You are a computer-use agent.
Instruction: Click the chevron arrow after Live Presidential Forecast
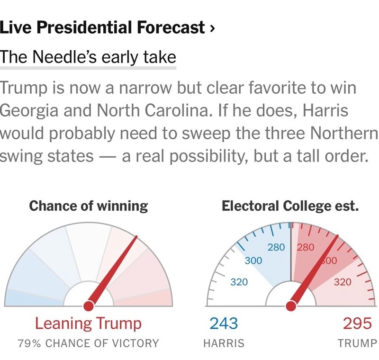212,29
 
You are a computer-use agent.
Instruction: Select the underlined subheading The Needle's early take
88,58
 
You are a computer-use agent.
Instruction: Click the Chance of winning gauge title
89,206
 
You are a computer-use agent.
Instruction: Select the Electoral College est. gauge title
290,206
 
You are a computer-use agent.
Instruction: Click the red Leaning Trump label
89,324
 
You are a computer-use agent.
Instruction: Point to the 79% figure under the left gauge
29,343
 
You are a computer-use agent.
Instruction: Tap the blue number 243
224,324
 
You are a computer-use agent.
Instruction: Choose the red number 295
357,324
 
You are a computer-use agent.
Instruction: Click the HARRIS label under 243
224,343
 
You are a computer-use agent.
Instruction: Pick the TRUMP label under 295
357,343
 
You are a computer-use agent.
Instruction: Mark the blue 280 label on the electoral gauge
276,247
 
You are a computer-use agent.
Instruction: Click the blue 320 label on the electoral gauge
239,283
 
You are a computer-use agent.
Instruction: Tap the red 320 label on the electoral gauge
343,283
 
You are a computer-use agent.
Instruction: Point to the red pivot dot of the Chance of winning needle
89,306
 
